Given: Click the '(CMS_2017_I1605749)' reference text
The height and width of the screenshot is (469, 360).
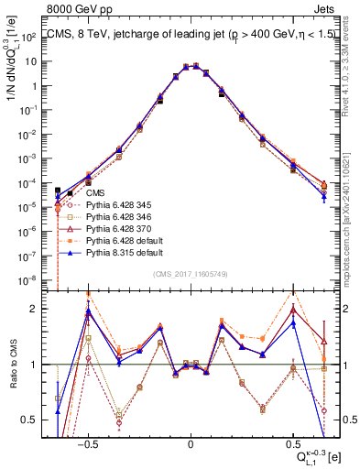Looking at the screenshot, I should (191, 274).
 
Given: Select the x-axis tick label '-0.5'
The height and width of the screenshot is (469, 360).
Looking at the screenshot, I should (88, 441).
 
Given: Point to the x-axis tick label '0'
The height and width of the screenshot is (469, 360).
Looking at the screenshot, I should (191, 441).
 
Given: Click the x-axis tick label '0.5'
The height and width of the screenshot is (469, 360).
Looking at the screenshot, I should (292, 441).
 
